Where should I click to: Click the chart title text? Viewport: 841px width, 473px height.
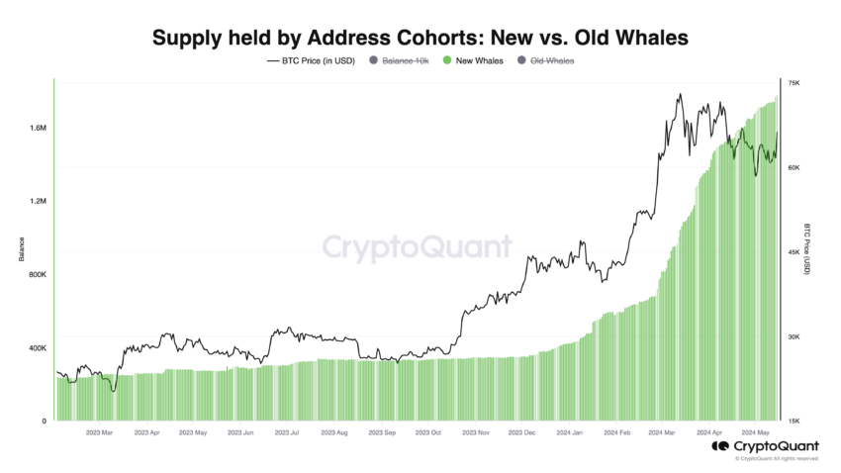pos(420,38)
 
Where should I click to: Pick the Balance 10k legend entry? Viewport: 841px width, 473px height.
pos(399,61)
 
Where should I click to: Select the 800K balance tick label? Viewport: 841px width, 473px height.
pos(38,275)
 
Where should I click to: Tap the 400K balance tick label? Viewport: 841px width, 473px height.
pos(38,348)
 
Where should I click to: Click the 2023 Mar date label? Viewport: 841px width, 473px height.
pos(99,432)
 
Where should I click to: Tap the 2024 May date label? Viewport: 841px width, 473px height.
pos(757,432)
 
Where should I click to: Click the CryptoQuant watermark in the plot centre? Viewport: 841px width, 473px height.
pos(419,246)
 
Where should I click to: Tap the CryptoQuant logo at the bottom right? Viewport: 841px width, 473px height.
pos(764,447)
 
